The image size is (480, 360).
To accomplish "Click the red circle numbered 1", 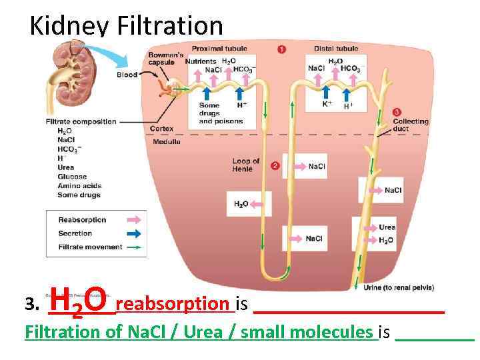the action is pos(282,49).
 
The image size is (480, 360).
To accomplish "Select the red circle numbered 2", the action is pos(275,165).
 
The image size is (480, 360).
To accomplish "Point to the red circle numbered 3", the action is pos(397,112).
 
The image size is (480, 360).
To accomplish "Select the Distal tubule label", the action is pos(336,49).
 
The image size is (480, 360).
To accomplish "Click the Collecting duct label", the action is pos(410,125).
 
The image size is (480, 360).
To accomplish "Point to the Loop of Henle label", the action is pos(246,165).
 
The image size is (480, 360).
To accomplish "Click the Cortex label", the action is pos(162,129).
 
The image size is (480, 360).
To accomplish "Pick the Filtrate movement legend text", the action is pos(91,247).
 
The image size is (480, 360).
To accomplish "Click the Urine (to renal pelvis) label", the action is pos(399,288).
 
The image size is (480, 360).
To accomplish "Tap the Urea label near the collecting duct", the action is pos(387,227).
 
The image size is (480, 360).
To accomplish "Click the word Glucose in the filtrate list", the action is pos(72,177).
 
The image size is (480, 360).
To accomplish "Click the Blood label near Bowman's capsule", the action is pos(127,75).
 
